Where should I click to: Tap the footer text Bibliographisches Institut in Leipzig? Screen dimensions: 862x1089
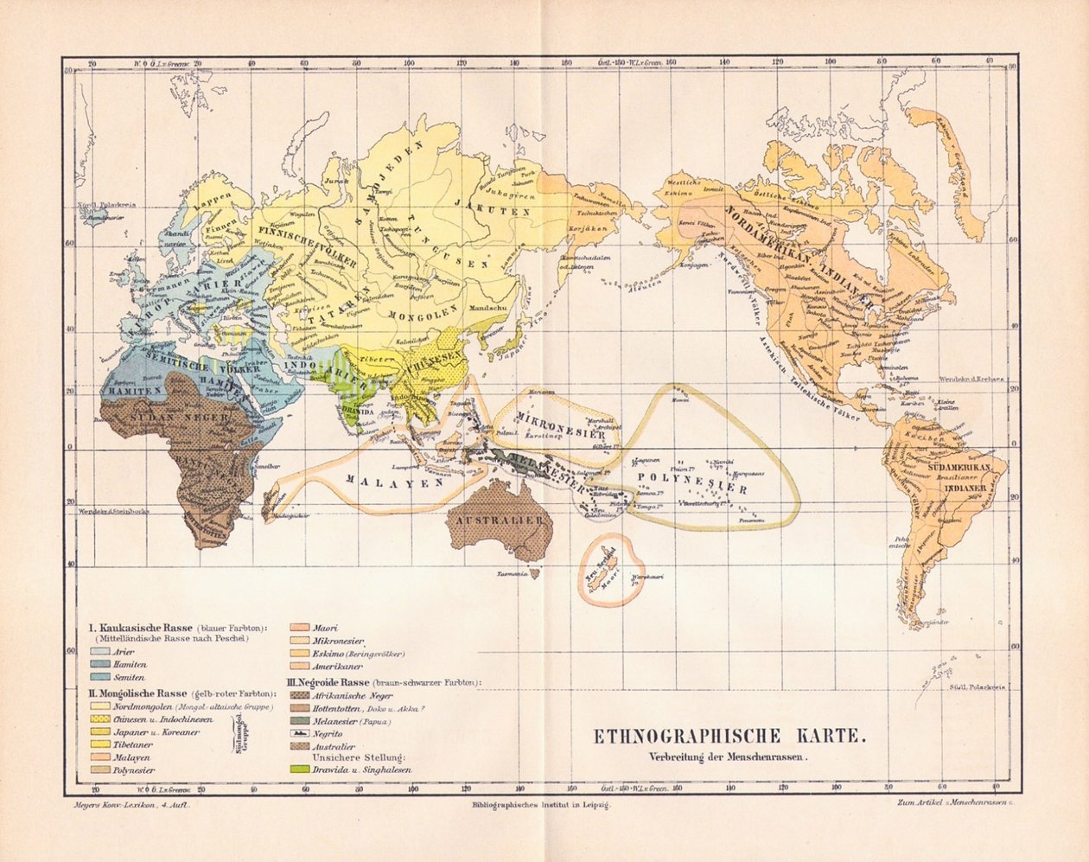(542, 805)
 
